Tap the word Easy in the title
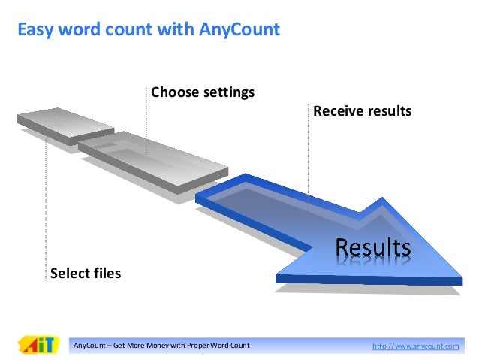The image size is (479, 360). pos(35,30)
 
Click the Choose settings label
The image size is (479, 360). pos(203,92)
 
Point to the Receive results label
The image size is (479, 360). pos(362,111)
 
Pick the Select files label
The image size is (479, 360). pos(85,273)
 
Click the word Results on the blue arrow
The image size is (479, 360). pos(372,247)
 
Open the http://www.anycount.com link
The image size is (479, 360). pos(415,346)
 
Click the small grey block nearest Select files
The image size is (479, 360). pos(64,123)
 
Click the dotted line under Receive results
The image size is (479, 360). pos(308,158)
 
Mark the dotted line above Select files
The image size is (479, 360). pos(47,203)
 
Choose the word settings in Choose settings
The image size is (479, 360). pos(226,92)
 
